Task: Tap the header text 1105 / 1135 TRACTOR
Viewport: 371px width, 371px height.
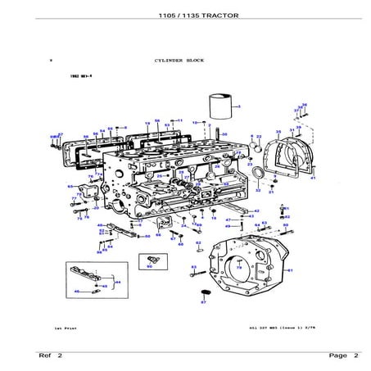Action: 185,16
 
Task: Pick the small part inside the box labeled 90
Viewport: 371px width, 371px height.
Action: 149,259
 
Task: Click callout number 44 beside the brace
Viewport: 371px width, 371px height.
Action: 118,281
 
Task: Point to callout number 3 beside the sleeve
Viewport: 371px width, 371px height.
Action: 238,106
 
